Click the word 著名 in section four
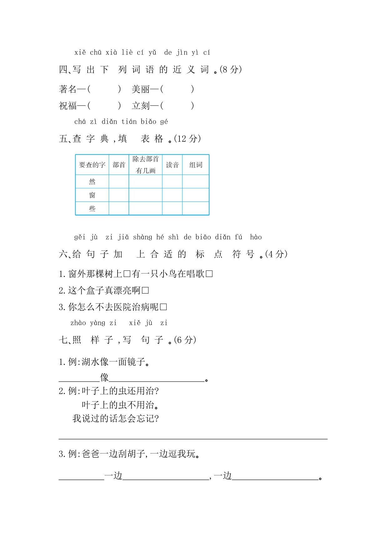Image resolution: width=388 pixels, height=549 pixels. click(68, 90)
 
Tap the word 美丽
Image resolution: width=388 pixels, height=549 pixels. click(140, 90)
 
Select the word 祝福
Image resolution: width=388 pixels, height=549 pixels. click(68, 106)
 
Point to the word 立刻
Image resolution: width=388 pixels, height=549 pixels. click(140, 106)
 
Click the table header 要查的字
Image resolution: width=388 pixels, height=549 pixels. click(92, 165)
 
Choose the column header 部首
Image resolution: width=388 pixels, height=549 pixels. click(119, 165)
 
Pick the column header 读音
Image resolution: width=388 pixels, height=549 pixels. click(172, 165)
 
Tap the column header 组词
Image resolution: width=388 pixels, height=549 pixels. click(196, 165)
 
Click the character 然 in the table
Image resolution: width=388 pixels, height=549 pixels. click(92, 182)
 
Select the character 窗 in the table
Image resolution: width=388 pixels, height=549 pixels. click(92, 195)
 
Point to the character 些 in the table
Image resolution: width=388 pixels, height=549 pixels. click(92, 208)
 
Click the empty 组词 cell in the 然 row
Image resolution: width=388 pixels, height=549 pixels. click(196, 182)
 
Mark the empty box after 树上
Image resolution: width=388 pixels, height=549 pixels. click(127, 274)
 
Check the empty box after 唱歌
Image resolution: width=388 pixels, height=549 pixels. click(209, 274)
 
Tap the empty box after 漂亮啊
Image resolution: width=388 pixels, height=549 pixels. click(145, 290)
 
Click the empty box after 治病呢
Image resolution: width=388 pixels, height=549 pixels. click(163, 307)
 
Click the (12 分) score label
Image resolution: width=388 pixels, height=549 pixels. click(187, 139)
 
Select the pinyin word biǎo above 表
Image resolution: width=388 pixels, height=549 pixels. click(149, 122)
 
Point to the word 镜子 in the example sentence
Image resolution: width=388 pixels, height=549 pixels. click(136, 362)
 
